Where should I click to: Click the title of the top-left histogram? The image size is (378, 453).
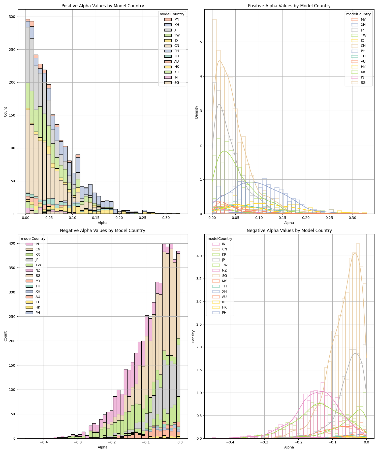pyautogui.click(x=103, y=6)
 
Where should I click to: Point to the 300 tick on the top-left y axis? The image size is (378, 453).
pyautogui.click(x=12, y=17)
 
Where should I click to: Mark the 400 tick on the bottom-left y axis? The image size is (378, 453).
pyautogui.click(x=12, y=243)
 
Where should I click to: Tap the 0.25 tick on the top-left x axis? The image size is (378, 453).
pyautogui.click(x=143, y=217)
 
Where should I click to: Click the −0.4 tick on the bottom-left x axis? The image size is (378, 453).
pyautogui.click(x=44, y=442)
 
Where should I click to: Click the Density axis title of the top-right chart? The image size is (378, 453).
pyautogui.click(x=197, y=112)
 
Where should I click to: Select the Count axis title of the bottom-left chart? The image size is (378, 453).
pyautogui.click(x=6, y=336)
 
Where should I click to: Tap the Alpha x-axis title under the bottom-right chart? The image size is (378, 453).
pyautogui.click(x=289, y=447)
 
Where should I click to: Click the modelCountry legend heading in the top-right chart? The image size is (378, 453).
pyautogui.click(x=358, y=14)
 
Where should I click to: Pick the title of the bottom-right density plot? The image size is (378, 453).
pyautogui.click(x=289, y=231)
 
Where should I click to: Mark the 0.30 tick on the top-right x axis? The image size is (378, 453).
pyautogui.click(x=352, y=217)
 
